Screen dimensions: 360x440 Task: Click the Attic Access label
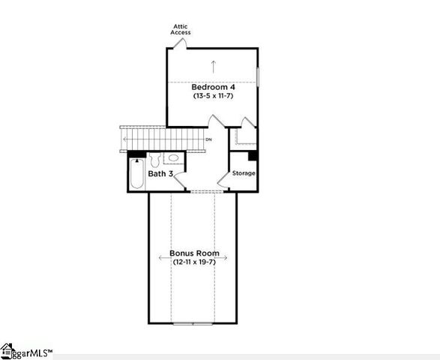(x=180, y=29)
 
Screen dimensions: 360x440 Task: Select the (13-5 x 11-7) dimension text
(x=214, y=96)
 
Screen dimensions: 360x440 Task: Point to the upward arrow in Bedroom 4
(x=214, y=64)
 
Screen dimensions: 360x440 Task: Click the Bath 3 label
(x=160, y=174)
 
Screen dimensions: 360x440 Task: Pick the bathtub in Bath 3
(x=136, y=174)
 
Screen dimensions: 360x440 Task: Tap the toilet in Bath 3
(x=154, y=159)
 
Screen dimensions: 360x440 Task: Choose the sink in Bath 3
(x=172, y=158)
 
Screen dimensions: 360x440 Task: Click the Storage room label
(x=244, y=173)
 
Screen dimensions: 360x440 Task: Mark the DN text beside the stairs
(x=208, y=139)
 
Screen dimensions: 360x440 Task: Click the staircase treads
(x=162, y=139)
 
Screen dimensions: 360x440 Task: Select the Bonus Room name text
(x=194, y=253)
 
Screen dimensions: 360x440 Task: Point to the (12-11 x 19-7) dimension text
(x=194, y=262)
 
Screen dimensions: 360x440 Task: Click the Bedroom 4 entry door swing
(x=217, y=122)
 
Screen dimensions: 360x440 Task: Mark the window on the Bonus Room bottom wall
(x=193, y=323)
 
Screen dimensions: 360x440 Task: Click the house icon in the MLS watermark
(x=7, y=349)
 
